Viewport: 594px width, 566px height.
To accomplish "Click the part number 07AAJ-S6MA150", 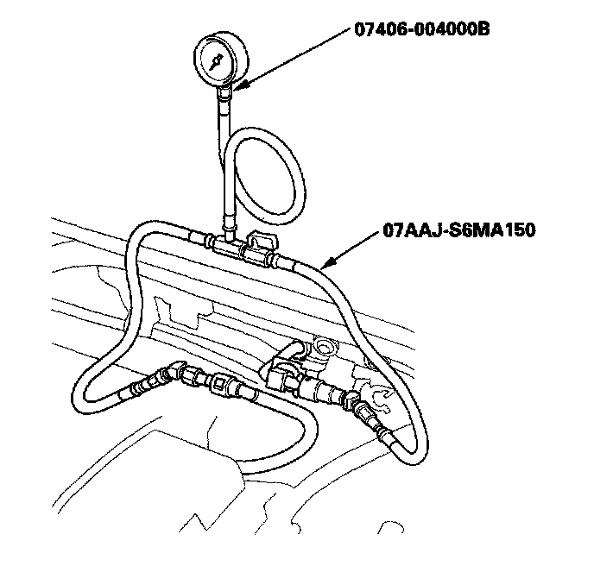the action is (x=458, y=230).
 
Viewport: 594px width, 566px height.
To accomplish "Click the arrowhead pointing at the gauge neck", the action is (x=238, y=86).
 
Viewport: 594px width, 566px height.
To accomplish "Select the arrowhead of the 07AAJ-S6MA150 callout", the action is (x=325, y=263).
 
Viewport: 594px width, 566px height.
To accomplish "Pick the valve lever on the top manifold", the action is (x=259, y=242).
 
